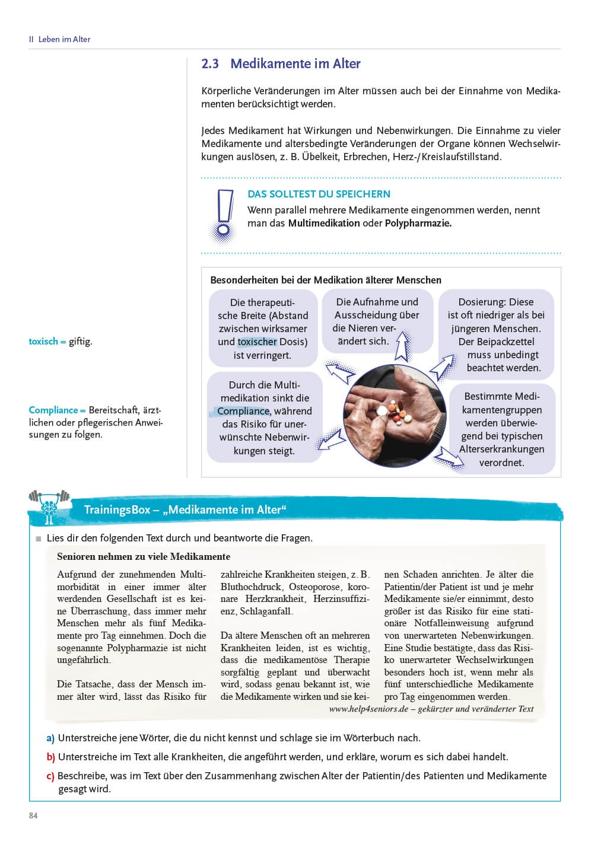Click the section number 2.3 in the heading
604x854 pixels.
210,64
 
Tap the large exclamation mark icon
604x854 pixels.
224,215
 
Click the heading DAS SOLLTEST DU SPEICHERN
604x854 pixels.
319,194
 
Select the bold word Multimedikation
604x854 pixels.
324,224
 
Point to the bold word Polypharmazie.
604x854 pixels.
418,224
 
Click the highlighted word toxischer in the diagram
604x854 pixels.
257,342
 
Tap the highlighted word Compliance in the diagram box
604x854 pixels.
243,412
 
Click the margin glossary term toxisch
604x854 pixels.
43,342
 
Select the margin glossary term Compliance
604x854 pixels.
53,410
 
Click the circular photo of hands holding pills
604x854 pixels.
394,414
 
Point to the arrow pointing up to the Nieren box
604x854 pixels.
403,347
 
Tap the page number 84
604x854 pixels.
33,815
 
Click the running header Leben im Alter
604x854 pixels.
64,40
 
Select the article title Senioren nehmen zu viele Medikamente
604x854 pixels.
144,557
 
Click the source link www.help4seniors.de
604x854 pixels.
368,709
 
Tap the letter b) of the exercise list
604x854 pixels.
50,757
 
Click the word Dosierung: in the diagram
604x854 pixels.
479,302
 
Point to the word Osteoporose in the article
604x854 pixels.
314,587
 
